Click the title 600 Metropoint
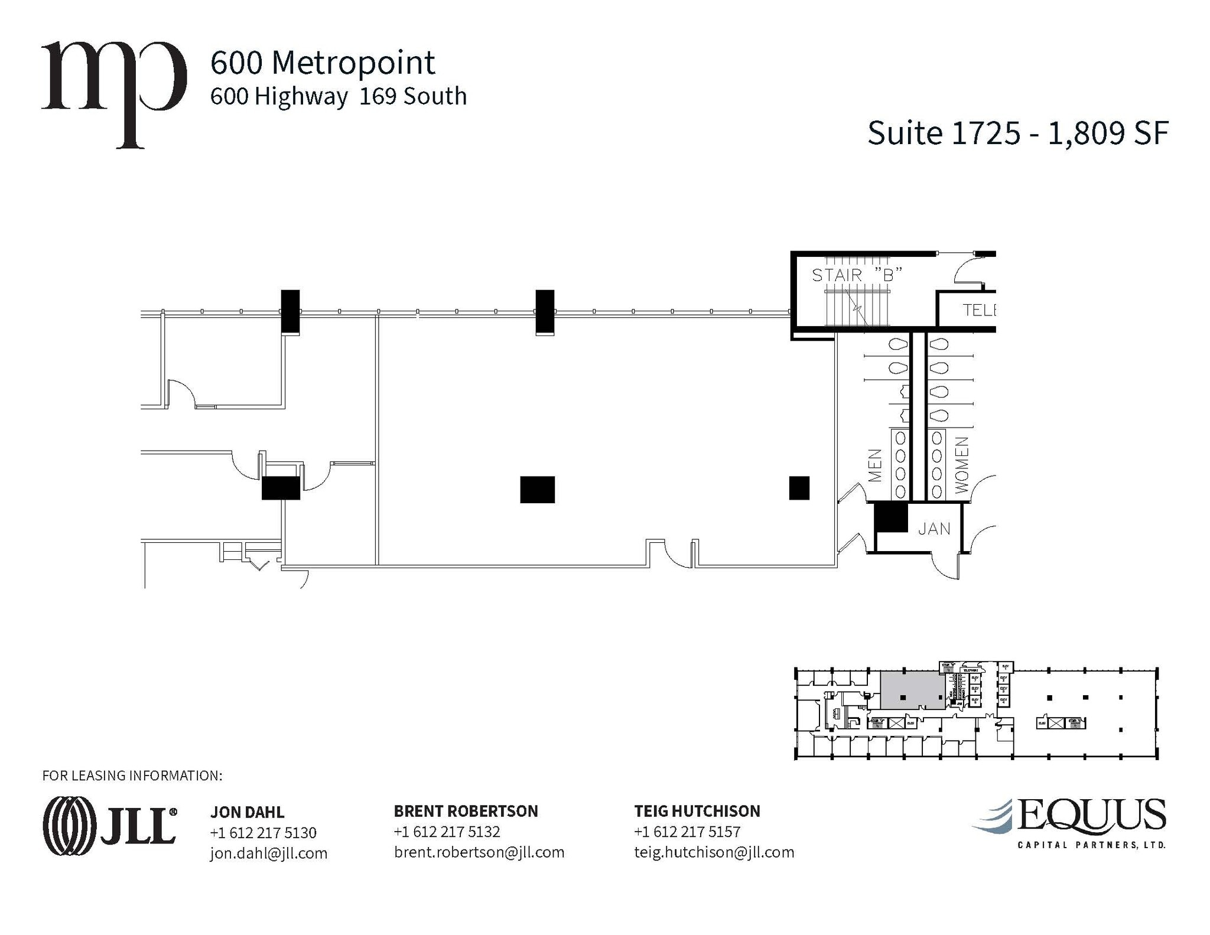323,63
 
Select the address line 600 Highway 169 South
338,96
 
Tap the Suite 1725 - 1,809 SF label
1017,133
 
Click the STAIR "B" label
857,275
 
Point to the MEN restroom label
876,465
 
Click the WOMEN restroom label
961,465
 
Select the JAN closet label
934,529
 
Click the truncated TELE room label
978,310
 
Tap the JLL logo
110,826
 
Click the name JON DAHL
247,812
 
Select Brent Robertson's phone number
447,832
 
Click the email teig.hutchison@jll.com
714,852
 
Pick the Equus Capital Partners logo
1069,823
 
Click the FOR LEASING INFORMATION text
132,776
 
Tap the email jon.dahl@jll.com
268,853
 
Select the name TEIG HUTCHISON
697,811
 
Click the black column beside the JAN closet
890,517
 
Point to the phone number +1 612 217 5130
263,833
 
